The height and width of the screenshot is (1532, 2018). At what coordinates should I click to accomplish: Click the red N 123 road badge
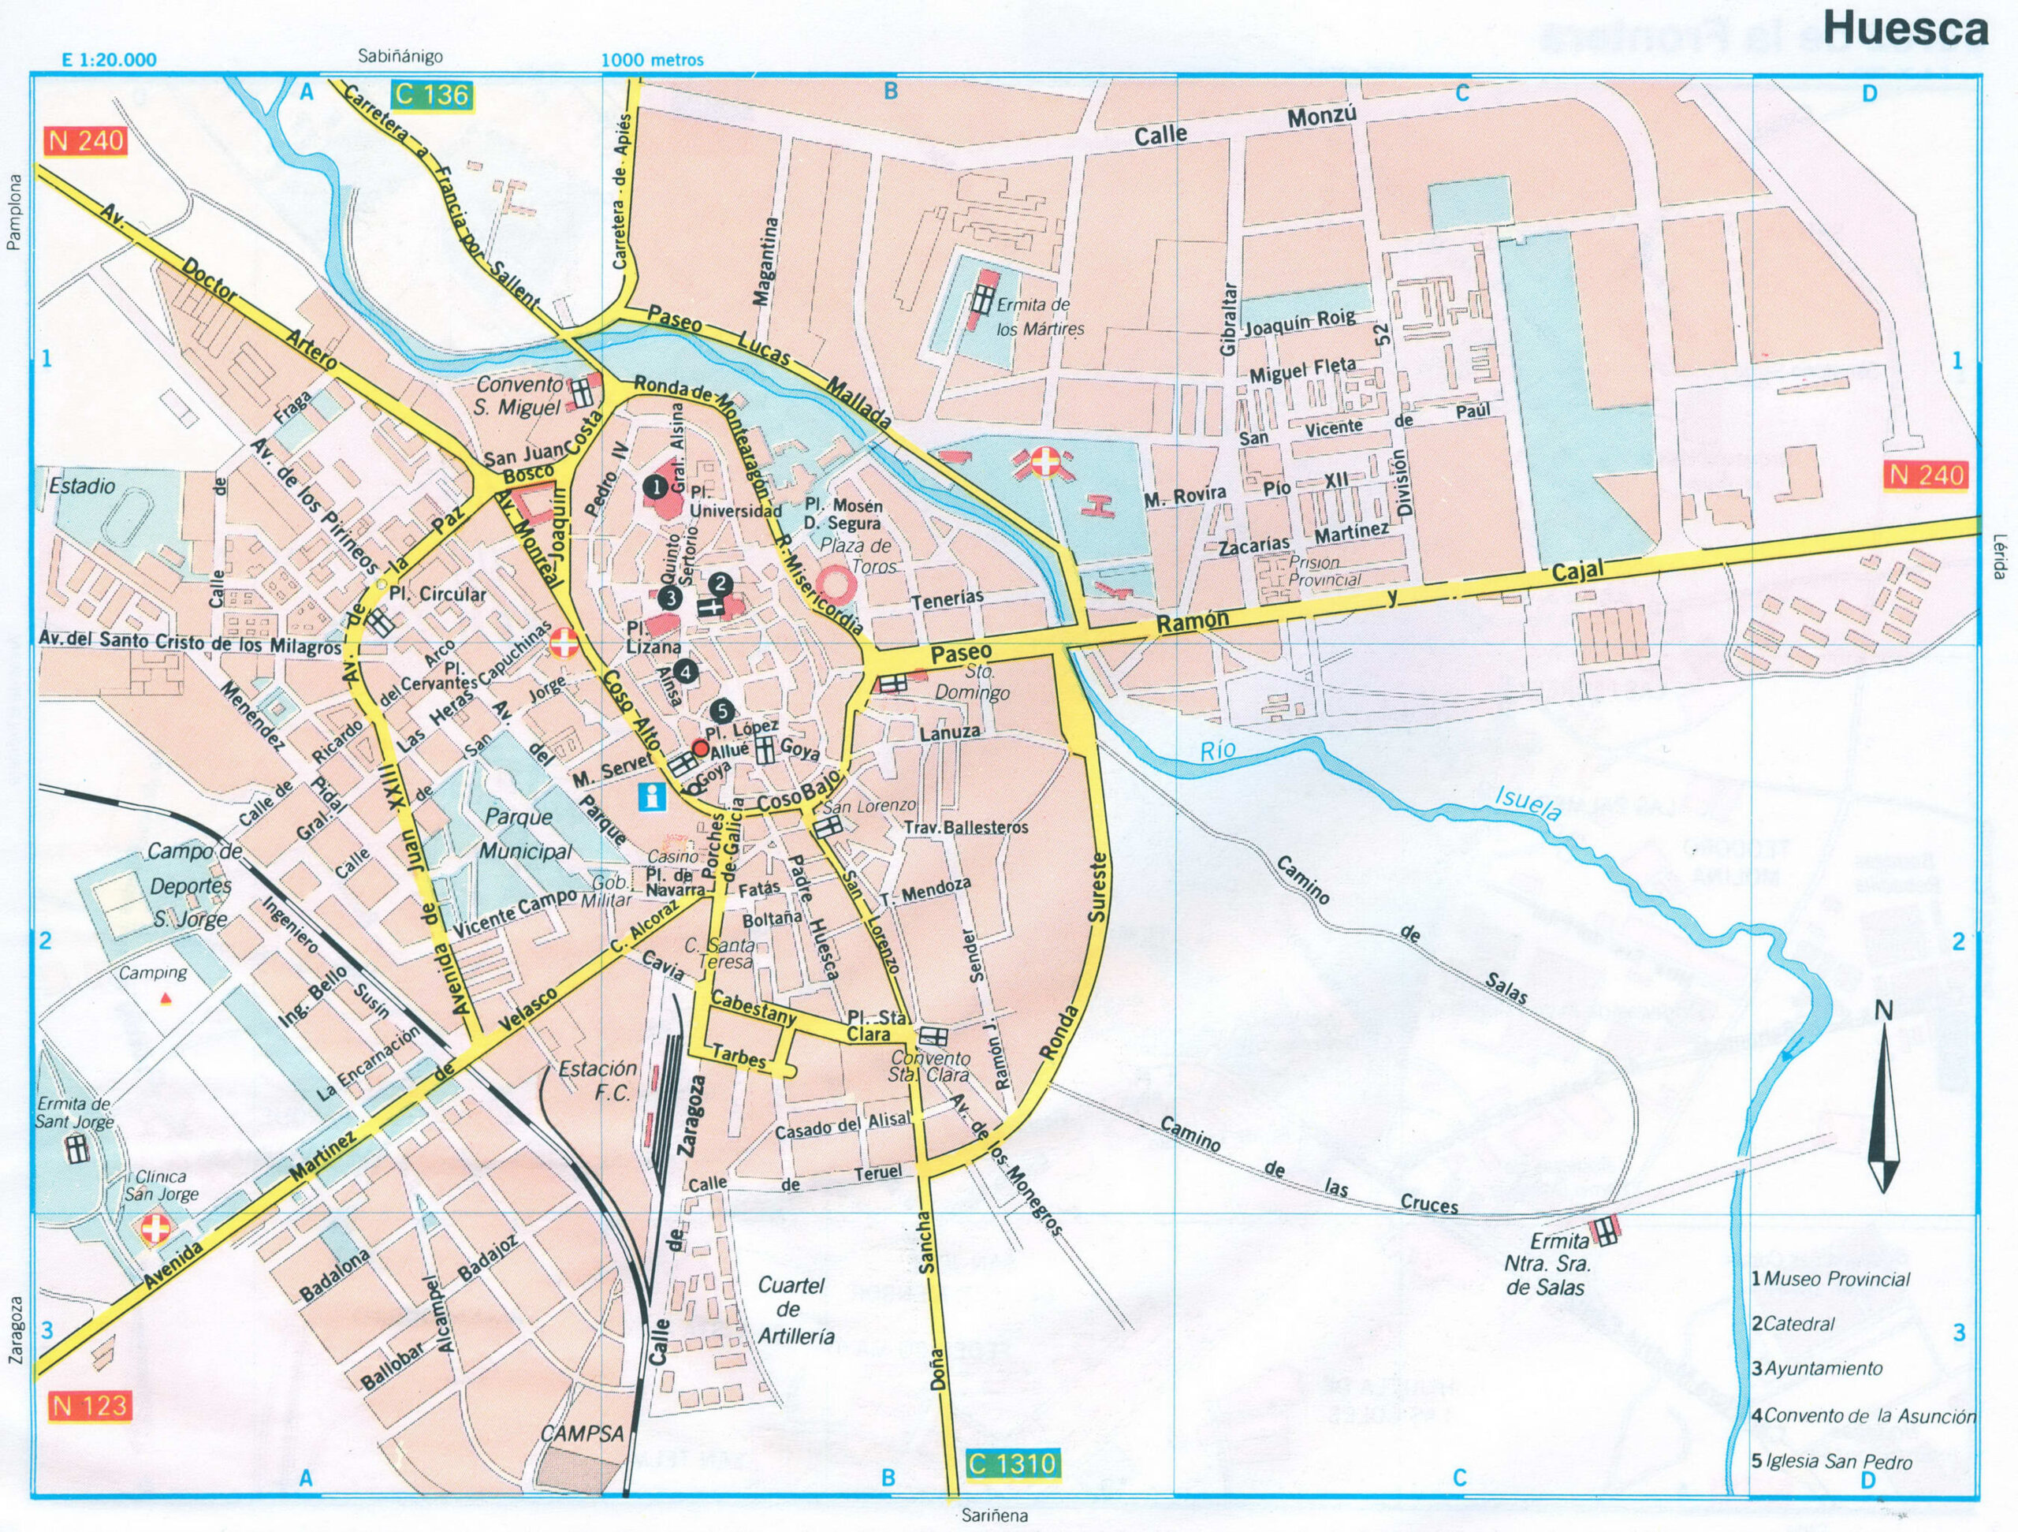(x=88, y=1405)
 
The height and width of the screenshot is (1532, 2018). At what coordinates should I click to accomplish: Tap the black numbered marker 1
(x=653, y=486)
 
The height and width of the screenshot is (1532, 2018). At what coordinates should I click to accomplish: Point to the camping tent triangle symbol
(x=165, y=998)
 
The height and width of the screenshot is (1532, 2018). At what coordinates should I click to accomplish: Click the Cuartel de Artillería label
(x=790, y=1310)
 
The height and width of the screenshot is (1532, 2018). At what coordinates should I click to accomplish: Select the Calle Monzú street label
(x=1245, y=125)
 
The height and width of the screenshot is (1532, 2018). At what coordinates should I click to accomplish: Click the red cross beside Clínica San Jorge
(x=155, y=1231)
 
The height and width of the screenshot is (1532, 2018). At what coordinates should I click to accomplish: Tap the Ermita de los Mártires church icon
(x=982, y=296)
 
